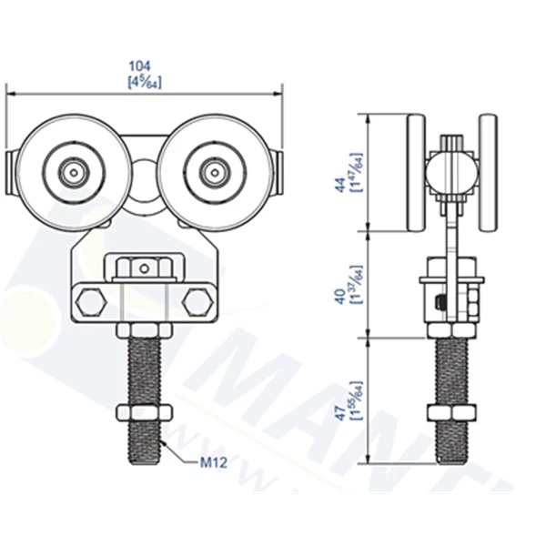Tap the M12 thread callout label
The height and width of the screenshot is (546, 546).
pos(213,462)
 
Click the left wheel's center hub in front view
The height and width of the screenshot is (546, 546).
pos(72,170)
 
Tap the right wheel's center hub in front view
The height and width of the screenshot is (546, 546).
pos(214,170)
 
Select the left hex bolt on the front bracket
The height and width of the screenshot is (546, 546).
pos(88,302)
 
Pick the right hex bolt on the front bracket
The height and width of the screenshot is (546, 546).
pos(195,302)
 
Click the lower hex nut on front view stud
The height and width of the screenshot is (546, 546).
pos(143,414)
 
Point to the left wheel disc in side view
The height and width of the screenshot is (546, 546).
pos(417,173)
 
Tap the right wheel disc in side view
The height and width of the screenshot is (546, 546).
pos(488,173)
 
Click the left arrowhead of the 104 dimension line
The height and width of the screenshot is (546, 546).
pos(12,92)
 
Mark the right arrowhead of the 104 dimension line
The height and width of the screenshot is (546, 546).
pos(278,92)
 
